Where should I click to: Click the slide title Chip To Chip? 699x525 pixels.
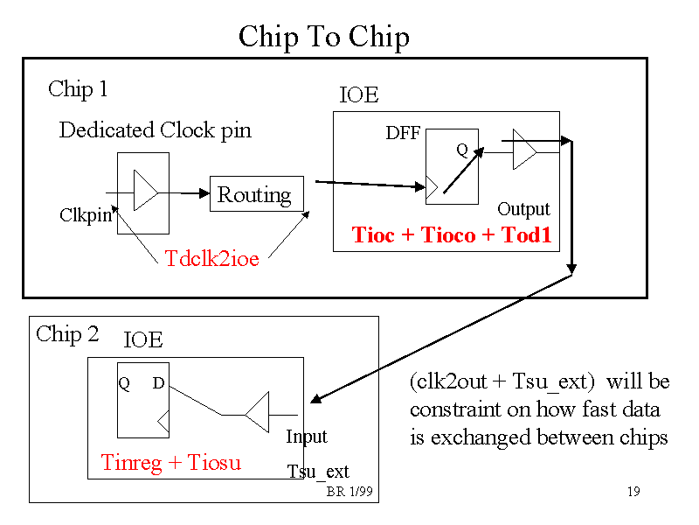click(323, 37)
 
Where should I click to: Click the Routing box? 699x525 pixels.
click(255, 194)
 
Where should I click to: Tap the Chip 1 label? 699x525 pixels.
click(78, 88)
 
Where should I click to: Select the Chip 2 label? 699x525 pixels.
click(67, 334)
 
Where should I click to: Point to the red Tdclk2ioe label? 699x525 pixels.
click(212, 259)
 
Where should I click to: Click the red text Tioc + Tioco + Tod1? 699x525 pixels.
click(452, 234)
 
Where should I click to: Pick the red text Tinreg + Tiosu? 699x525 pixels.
click(170, 462)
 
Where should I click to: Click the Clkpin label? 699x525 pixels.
click(86, 215)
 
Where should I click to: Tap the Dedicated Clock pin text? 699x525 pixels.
click(155, 130)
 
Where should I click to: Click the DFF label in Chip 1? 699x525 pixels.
click(403, 134)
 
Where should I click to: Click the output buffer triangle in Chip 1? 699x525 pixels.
click(524, 150)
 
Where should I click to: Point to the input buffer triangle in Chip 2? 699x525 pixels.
click(257, 413)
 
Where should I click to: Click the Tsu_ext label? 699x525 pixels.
click(318, 472)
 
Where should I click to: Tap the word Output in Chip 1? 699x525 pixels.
click(523, 209)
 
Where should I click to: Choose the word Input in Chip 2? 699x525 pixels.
click(307, 437)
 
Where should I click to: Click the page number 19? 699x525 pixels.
click(634, 492)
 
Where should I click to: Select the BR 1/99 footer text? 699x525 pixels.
click(349, 492)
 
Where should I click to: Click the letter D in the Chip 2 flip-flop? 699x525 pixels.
click(158, 383)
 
